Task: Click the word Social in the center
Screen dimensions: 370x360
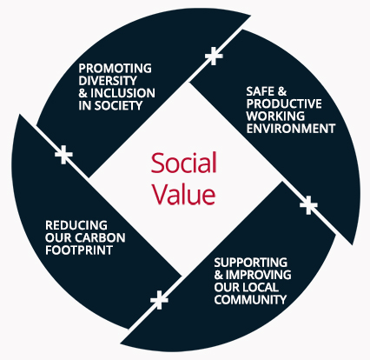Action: [183, 163]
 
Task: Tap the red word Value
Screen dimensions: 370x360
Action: [184, 194]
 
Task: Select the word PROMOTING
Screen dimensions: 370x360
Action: [116, 69]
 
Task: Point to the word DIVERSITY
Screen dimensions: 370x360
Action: [108, 81]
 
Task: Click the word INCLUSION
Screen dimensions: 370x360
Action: [122, 93]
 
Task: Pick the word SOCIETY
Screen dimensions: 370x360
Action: [119, 105]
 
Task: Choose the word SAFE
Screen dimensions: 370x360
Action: [261, 91]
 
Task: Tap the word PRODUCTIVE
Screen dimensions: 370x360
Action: [284, 103]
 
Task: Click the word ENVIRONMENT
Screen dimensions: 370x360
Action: [291, 129]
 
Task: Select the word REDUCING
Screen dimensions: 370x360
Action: [76, 225]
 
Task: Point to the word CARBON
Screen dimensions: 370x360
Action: [101, 237]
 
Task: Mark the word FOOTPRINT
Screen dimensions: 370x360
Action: [79, 250]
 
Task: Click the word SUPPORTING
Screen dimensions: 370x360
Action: [251, 263]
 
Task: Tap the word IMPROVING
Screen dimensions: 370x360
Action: [258, 275]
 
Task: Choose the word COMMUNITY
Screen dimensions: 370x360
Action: [250, 299]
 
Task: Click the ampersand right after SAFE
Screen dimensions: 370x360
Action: [282, 91]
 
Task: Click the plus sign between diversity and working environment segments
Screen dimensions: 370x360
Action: [214, 56]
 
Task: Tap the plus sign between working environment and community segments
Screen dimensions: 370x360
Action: [308, 205]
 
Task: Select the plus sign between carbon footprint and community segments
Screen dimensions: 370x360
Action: [159, 300]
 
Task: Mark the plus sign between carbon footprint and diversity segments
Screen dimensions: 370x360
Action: [63, 155]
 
